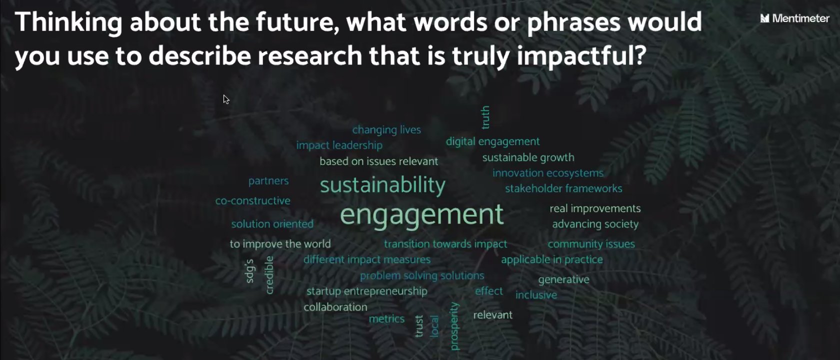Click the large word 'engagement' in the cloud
tap(421, 214)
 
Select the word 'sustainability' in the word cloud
tap(382, 185)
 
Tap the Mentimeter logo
tap(794, 18)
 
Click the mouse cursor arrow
tap(226, 99)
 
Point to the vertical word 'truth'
tap(485, 117)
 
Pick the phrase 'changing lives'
tap(386, 130)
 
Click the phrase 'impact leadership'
tap(339, 145)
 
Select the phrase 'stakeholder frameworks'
tap(563, 188)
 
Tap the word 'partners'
tap(268, 181)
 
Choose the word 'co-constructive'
tap(253, 200)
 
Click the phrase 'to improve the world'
tap(280, 244)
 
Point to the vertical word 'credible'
tap(269, 275)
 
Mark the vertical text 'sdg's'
tap(250, 271)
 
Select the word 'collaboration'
tap(335, 307)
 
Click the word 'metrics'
tap(386, 319)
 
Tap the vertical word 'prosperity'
tap(454, 326)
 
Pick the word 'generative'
tap(563, 280)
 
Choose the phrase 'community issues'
tap(591, 244)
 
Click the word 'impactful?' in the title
tap(584, 56)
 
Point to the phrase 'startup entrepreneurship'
tap(367, 291)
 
